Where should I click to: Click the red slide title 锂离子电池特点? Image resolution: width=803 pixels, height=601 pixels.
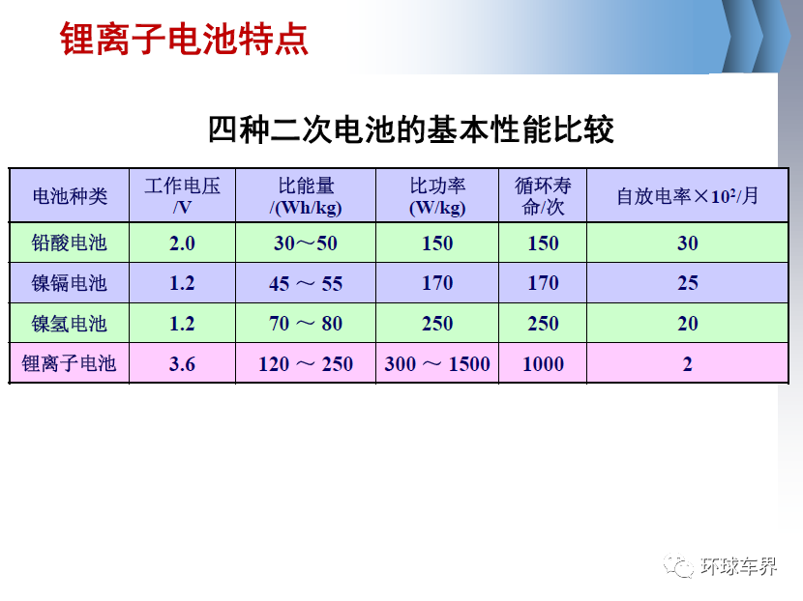point(184,39)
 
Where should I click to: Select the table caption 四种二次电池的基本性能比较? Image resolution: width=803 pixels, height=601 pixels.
point(411,129)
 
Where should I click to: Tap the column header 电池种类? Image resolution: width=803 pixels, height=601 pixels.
point(70,196)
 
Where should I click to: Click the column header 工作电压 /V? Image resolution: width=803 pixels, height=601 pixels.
point(182,196)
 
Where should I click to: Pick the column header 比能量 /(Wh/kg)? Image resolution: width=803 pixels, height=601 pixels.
point(306,196)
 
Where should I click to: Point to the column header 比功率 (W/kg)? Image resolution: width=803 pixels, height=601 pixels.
point(437,196)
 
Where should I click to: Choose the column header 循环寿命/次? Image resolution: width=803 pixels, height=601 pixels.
point(543,196)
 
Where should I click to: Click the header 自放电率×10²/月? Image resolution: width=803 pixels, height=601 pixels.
point(687,196)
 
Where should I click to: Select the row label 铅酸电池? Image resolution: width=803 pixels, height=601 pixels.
point(69,243)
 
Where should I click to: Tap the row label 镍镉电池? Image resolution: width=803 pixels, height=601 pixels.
point(69,283)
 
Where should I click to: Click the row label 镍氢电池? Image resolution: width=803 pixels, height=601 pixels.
point(69,324)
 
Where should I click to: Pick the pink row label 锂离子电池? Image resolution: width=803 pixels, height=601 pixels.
point(69,363)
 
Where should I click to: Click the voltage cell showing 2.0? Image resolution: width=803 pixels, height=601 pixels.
point(182,243)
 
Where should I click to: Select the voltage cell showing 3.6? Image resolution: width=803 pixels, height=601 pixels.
point(182,364)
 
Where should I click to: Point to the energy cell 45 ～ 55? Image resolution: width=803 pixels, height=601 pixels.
point(306,283)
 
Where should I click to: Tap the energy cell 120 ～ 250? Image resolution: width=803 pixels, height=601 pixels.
point(306,364)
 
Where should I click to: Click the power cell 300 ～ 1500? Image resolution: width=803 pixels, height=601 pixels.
point(437,364)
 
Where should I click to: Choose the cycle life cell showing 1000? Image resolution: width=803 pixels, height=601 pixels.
point(543,364)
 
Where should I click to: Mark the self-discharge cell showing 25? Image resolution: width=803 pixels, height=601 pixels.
point(687,283)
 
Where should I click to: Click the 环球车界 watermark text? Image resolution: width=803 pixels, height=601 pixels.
point(738,566)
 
